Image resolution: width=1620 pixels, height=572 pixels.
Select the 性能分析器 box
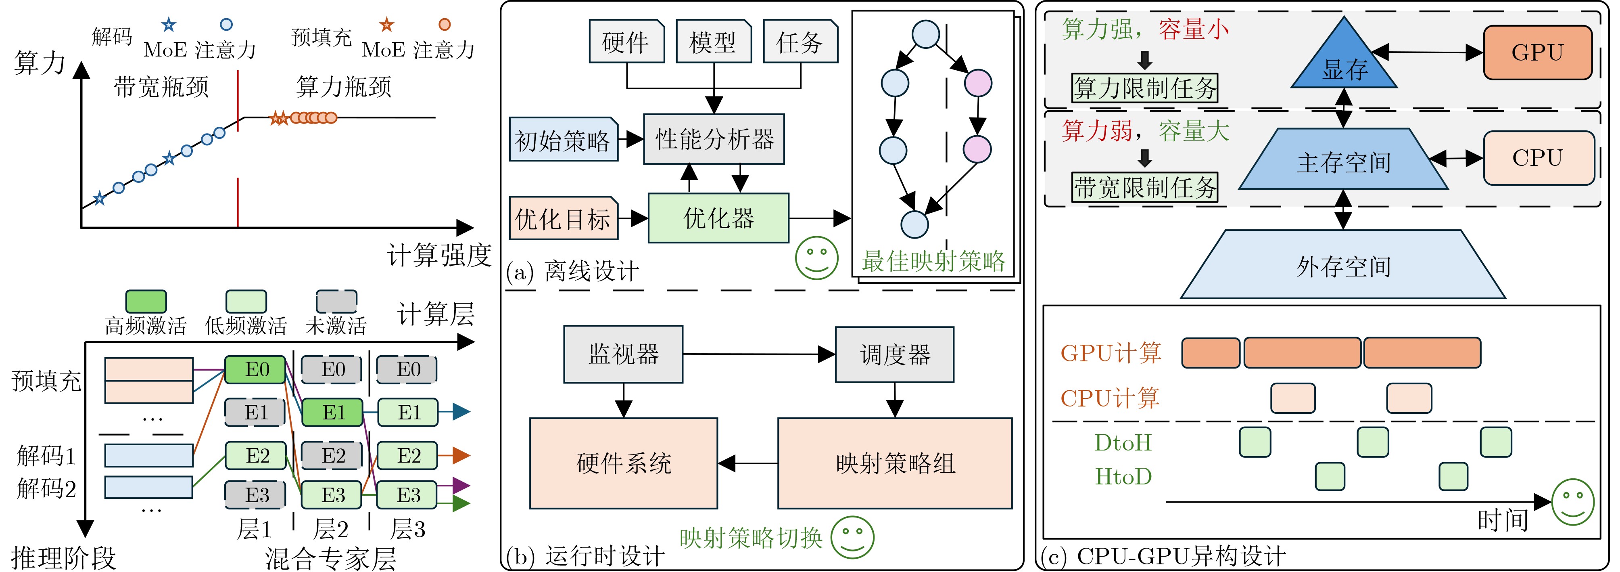point(714,139)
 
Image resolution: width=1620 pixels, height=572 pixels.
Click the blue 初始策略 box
point(563,140)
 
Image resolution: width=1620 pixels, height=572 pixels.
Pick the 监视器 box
point(623,354)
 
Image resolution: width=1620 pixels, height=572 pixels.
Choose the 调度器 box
point(894,355)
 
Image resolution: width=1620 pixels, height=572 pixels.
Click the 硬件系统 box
point(623,463)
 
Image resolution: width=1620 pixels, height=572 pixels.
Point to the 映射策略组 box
point(895,463)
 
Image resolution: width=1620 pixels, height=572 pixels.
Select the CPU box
point(1538,158)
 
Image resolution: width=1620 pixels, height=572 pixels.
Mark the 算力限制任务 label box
point(1144,88)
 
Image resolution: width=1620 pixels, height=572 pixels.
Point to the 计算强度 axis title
point(439,255)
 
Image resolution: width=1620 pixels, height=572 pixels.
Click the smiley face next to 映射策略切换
point(852,537)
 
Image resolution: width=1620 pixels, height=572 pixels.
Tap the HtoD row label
point(1123,476)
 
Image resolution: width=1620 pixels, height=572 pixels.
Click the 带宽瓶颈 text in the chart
point(161,87)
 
